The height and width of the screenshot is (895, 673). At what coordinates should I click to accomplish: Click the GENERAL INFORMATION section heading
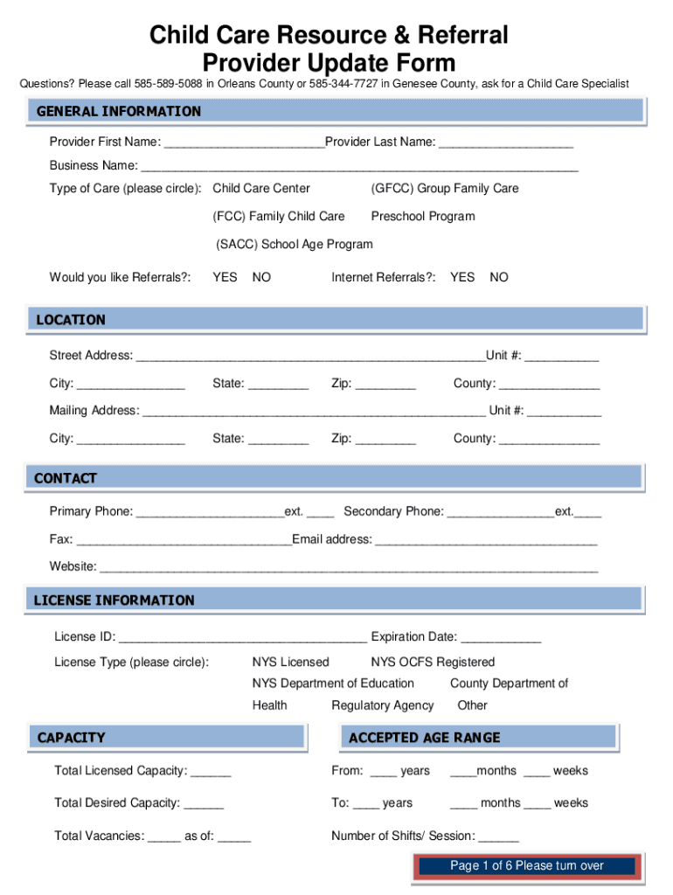[119, 111]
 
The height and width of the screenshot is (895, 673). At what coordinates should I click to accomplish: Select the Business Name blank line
[359, 166]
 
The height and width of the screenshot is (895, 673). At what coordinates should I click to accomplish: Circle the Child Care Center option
[261, 188]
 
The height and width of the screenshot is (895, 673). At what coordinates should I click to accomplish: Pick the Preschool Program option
[423, 216]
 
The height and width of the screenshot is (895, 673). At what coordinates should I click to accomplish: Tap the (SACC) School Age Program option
[295, 244]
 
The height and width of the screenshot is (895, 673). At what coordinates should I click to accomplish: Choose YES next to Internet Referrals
[462, 277]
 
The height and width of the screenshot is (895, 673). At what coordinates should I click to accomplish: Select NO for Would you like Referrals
[261, 277]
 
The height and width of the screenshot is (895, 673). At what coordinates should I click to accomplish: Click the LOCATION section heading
[71, 320]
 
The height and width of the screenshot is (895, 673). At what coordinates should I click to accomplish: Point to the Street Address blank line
[309, 356]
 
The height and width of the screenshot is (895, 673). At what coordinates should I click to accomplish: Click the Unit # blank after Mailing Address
[564, 411]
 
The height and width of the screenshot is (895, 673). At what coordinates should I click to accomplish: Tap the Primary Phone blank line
[211, 511]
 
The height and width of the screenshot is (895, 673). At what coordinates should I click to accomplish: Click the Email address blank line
[486, 540]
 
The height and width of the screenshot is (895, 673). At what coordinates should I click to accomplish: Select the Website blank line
[349, 567]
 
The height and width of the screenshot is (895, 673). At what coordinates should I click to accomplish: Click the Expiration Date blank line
[501, 637]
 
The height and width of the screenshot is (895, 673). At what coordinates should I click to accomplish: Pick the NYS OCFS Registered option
[433, 662]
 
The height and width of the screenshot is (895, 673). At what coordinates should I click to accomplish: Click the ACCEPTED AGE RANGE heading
[425, 738]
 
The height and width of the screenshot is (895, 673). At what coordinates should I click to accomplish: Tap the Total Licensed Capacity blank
[211, 771]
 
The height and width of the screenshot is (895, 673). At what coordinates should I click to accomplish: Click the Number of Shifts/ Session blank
[499, 836]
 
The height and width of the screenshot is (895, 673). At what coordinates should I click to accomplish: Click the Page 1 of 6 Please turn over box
[527, 866]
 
